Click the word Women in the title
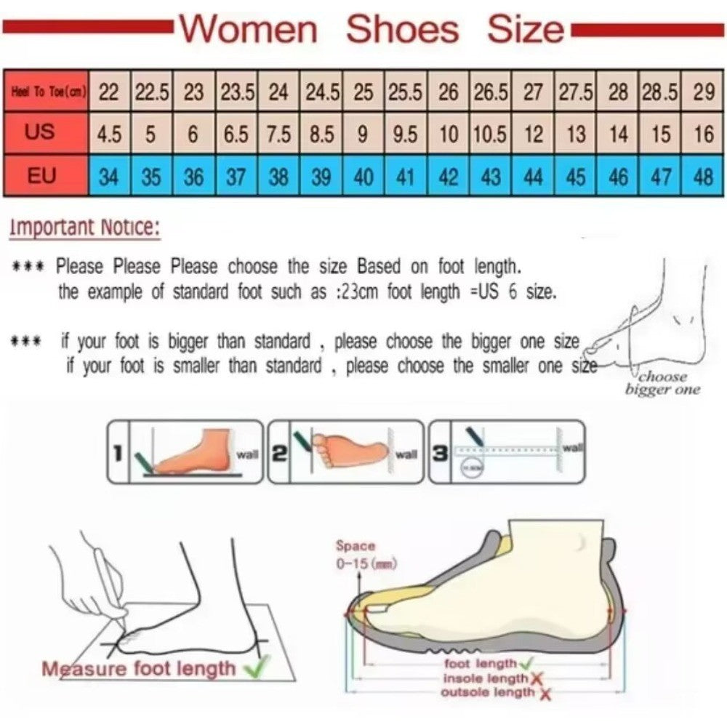249,30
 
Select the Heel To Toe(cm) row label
45,92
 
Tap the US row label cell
45,133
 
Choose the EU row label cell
45,176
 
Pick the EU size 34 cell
109,176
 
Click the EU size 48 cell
703,176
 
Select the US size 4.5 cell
109,134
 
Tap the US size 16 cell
703,134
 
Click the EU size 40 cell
363,176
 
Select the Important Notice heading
84,227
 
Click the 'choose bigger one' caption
662,383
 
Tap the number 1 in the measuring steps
116,453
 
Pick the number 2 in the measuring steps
278,453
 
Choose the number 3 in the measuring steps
439,453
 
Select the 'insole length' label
486,678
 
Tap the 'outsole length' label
487,692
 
